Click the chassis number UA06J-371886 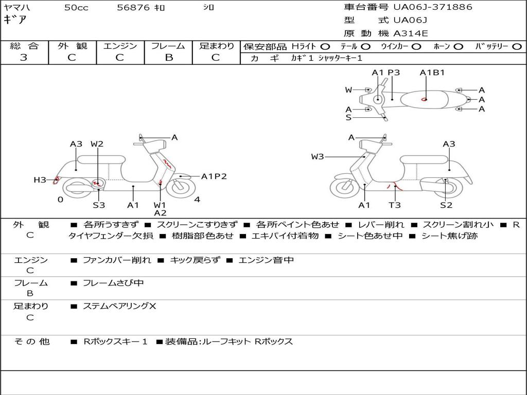[432, 7]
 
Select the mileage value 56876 [134, 8]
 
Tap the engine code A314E [410, 33]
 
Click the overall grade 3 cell [24, 57]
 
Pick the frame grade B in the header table [169, 57]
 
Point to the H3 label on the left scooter [40, 179]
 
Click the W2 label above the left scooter [97, 144]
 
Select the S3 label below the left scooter [99, 205]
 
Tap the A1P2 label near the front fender [214, 176]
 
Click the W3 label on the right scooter [318, 156]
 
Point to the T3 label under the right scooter [395, 205]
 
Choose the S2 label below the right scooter [446, 205]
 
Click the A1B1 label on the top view [432, 73]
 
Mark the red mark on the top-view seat [424, 99]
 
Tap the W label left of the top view [348, 90]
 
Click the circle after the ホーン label [459, 46]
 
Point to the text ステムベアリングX [119, 306]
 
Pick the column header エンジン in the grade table [120, 46]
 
